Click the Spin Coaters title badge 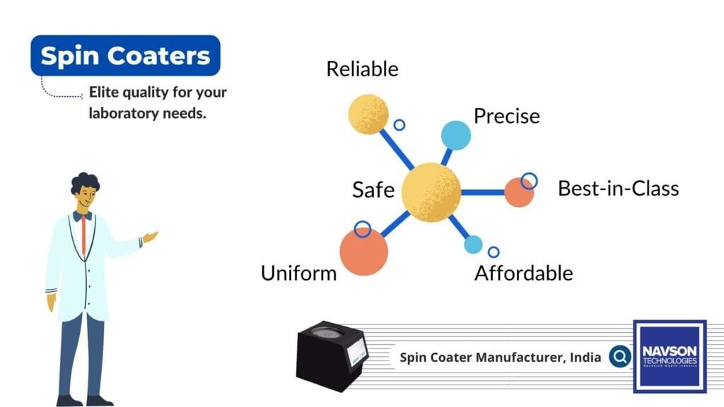(x=125, y=55)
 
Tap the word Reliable (x=362, y=69)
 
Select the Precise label (x=506, y=115)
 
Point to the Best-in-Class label (x=618, y=189)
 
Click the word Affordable (x=523, y=273)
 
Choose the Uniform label (x=299, y=273)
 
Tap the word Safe (x=373, y=189)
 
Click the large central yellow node (x=431, y=191)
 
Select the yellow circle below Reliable (x=369, y=114)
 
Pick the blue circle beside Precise (x=456, y=135)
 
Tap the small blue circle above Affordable (x=473, y=244)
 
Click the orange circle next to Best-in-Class (x=519, y=192)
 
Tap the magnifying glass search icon (x=620, y=357)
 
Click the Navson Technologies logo (x=669, y=356)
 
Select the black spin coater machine (x=332, y=355)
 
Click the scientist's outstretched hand (x=150, y=237)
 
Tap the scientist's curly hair (x=85, y=182)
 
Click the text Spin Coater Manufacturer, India (x=501, y=358)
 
